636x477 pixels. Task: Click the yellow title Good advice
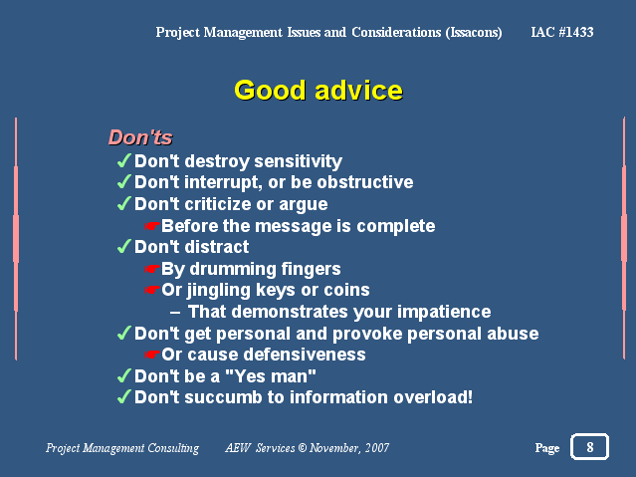tap(318, 90)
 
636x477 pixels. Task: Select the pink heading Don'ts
tap(140, 137)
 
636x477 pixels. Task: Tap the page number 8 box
tap(590, 446)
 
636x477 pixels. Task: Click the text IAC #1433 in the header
tap(562, 32)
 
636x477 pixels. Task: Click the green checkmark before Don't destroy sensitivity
tap(124, 160)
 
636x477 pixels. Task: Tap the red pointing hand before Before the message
tap(152, 226)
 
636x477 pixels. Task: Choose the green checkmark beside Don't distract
tap(124, 246)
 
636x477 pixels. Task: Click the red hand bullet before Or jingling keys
tap(152, 290)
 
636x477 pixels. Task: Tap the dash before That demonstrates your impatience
tap(175, 313)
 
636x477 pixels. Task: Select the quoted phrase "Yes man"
tap(270, 375)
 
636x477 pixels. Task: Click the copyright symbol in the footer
tap(303, 448)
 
